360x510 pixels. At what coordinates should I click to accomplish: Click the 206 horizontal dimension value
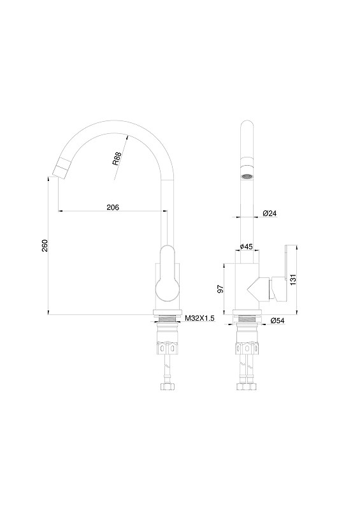click(113, 207)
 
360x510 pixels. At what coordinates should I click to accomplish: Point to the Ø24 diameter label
click(270, 214)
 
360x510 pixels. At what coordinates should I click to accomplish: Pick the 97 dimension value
click(220, 289)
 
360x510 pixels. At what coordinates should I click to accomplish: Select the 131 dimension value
click(294, 280)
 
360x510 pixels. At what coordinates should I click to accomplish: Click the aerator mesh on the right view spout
click(246, 174)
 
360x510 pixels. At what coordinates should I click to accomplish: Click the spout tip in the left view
click(59, 170)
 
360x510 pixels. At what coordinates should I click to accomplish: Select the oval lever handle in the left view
click(167, 273)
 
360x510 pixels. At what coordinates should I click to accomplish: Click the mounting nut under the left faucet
click(168, 349)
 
